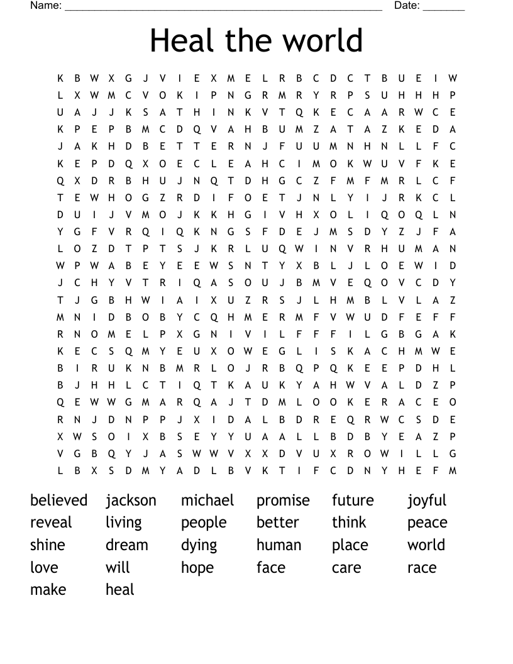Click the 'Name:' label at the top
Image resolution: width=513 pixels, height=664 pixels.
(46, 6)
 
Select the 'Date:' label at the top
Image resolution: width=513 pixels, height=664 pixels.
(407, 6)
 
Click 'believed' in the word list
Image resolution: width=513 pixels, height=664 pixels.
(58, 501)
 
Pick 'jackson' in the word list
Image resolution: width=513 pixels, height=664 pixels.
(131, 501)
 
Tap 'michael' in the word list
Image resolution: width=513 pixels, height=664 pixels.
(207, 501)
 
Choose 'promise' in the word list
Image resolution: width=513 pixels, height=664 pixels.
(283, 501)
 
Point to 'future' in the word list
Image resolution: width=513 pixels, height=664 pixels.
(353, 501)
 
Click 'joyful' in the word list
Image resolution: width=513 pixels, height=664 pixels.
(427, 501)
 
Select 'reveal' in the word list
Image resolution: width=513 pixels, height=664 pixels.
(51, 523)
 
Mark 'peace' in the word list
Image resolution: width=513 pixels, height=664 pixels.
(427, 523)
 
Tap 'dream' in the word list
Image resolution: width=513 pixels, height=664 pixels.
(127, 545)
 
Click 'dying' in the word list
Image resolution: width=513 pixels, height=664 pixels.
(199, 546)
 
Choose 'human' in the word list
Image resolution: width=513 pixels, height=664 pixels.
(279, 545)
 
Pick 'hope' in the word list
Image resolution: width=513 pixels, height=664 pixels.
(197, 568)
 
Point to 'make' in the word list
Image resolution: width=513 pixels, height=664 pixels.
(48, 590)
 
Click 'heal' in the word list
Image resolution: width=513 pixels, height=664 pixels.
(120, 590)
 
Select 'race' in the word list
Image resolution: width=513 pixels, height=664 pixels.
(421, 568)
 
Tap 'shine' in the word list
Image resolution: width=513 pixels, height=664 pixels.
(48, 545)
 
